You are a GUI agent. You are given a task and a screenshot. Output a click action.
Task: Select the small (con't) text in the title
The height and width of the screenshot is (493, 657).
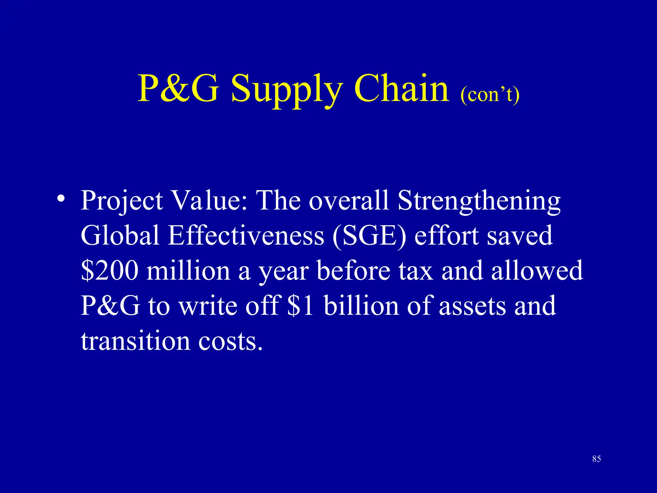coord(490,95)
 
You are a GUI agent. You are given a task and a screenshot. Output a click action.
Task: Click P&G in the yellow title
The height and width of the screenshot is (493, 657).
coord(178,88)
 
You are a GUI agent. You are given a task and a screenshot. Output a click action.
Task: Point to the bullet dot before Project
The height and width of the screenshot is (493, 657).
coord(61,198)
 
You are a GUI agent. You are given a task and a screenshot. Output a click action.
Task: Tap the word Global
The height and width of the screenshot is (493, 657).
coord(120,235)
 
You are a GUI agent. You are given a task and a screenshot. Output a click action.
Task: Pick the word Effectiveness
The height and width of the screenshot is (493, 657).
coord(246,235)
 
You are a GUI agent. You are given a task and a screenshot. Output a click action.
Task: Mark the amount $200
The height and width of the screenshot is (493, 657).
coord(110,270)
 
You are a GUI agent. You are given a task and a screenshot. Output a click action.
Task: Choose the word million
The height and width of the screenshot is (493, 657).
coord(188,270)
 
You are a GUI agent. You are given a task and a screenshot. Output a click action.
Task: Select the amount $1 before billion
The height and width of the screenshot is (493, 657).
coord(300,305)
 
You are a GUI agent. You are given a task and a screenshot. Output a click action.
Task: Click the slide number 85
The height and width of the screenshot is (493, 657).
coord(596,459)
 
